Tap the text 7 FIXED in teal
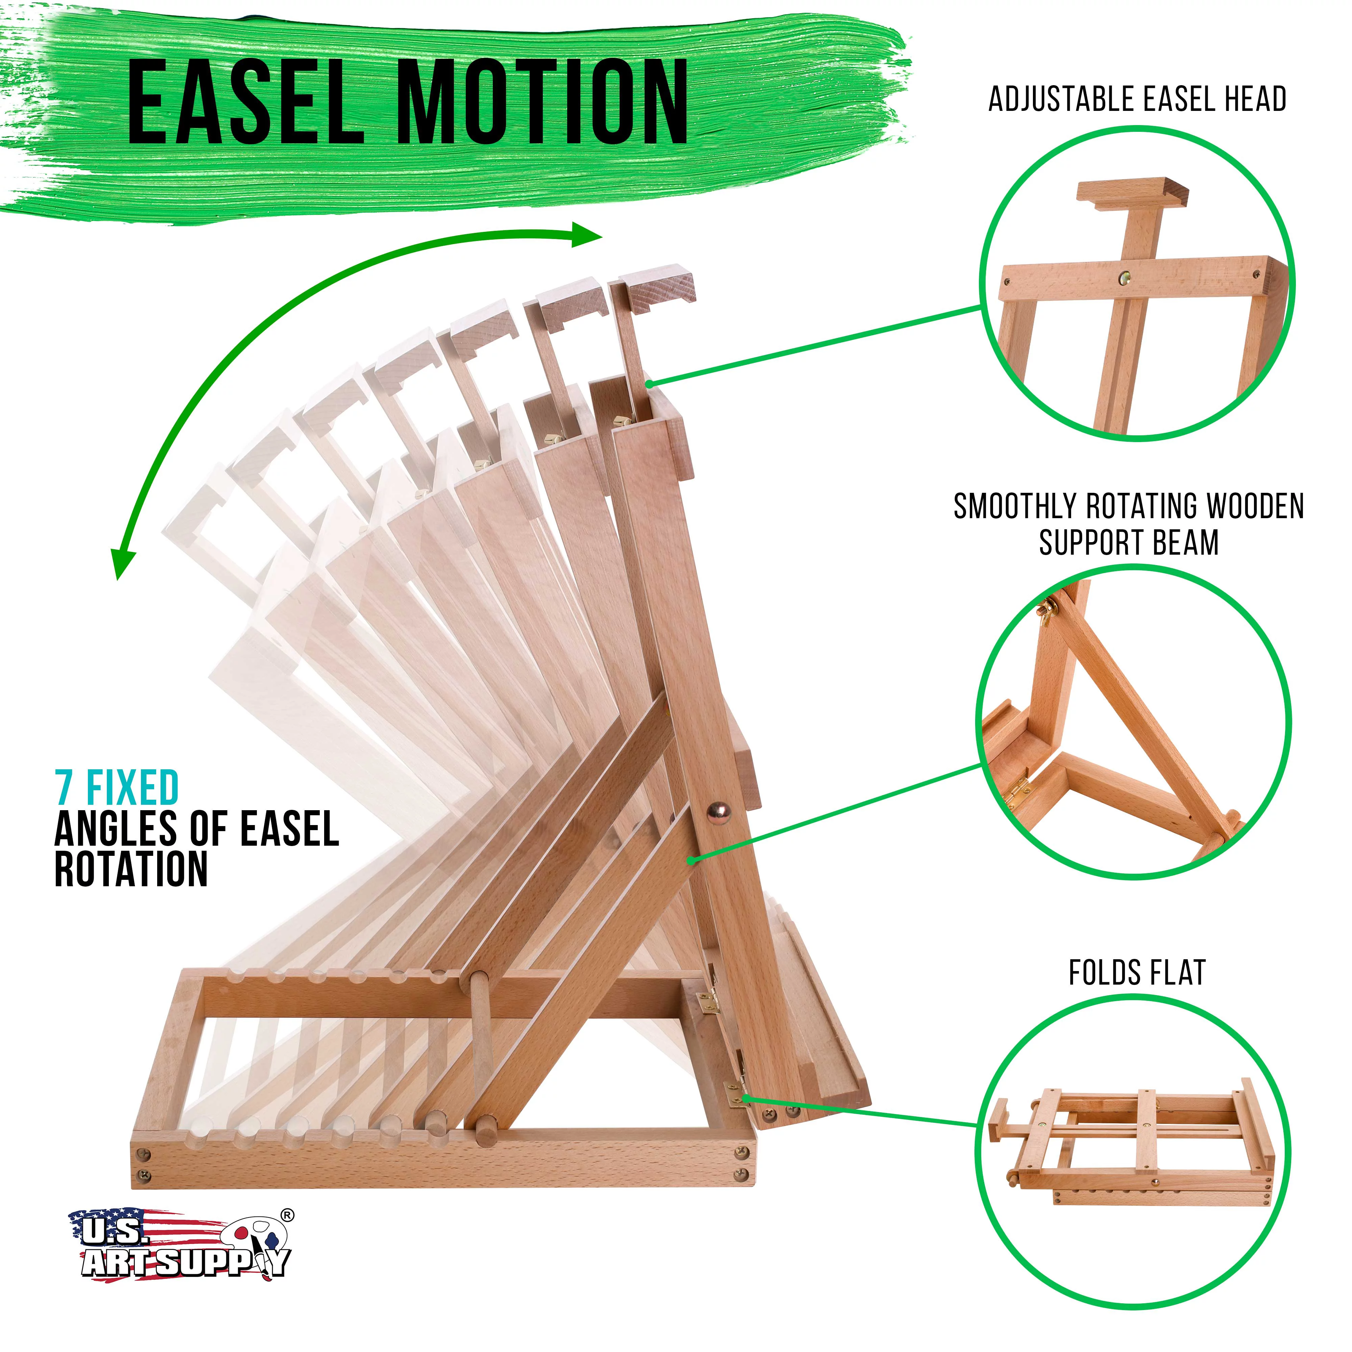click(x=117, y=788)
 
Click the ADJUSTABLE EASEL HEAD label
click(x=1137, y=99)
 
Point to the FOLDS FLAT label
click(x=1137, y=973)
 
